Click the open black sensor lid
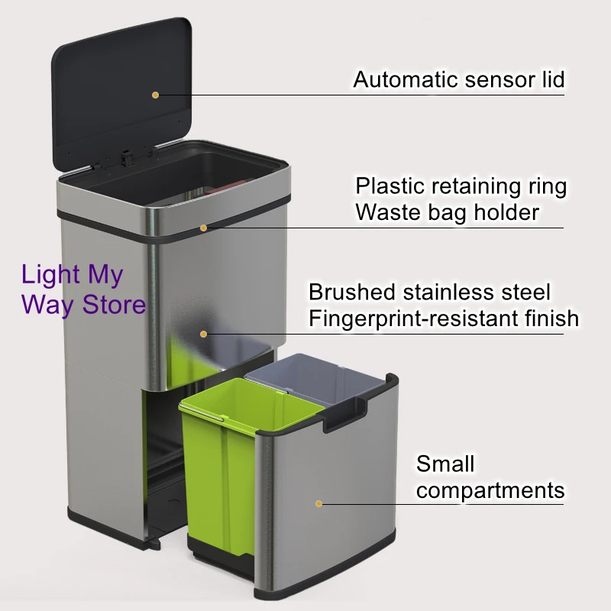[122, 84]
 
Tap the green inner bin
[229, 474]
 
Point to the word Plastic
[390, 186]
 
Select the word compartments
[490, 490]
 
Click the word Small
[445, 464]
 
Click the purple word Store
[115, 305]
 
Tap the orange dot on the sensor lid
[155, 95]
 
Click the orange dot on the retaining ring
[204, 227]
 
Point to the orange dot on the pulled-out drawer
[319, 503]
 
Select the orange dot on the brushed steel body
[204, 333]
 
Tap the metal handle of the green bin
[202, 413]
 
